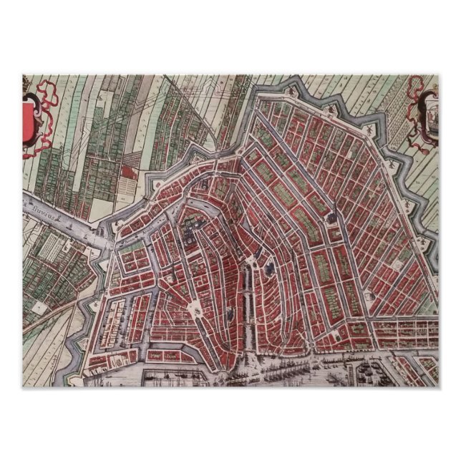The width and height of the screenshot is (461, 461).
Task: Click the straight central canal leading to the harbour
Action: coord(246,308)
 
